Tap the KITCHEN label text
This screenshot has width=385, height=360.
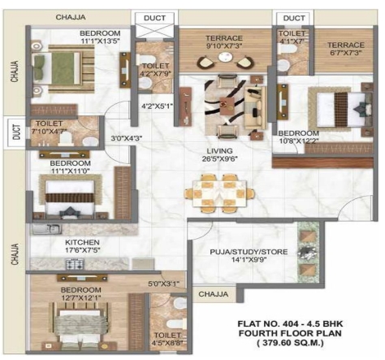point(82,242)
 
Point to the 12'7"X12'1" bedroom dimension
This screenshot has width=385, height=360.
point(80,298)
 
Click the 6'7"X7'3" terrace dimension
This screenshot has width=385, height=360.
point(346,51)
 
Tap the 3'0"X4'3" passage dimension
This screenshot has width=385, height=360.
point(127,137)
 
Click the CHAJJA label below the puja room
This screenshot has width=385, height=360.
point(214,294)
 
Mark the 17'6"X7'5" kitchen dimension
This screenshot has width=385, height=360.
point(82,251)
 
